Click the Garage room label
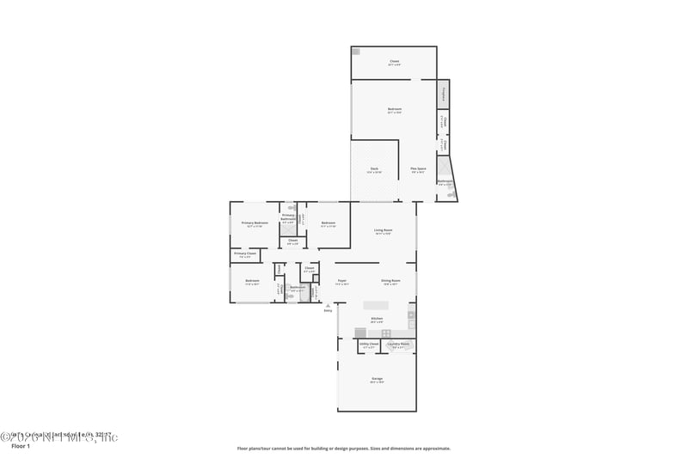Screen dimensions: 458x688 pos(377,379)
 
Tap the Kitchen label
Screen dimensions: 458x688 pos(376,320)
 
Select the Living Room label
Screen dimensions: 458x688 pos(383,230)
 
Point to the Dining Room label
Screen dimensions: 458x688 pos(390,281)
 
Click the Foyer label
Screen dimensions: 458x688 pos(341,281)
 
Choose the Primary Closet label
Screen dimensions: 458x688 pos(245,253)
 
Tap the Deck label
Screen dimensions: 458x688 pos(374,169)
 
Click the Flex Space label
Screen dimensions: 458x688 pos(419,169)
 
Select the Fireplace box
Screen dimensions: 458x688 pos(444,93)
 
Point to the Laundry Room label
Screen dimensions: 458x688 pos(398,345)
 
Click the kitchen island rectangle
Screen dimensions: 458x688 pos(376,305)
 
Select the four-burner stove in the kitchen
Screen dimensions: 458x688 pos(386,333)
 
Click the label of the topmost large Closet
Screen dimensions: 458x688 pos(394,62)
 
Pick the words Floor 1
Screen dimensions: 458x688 pos(20,447)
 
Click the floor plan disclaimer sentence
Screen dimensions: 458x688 pos(343,448)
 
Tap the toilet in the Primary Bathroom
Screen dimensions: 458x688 pos(292,207)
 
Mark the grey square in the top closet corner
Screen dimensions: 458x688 pos(356,52)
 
